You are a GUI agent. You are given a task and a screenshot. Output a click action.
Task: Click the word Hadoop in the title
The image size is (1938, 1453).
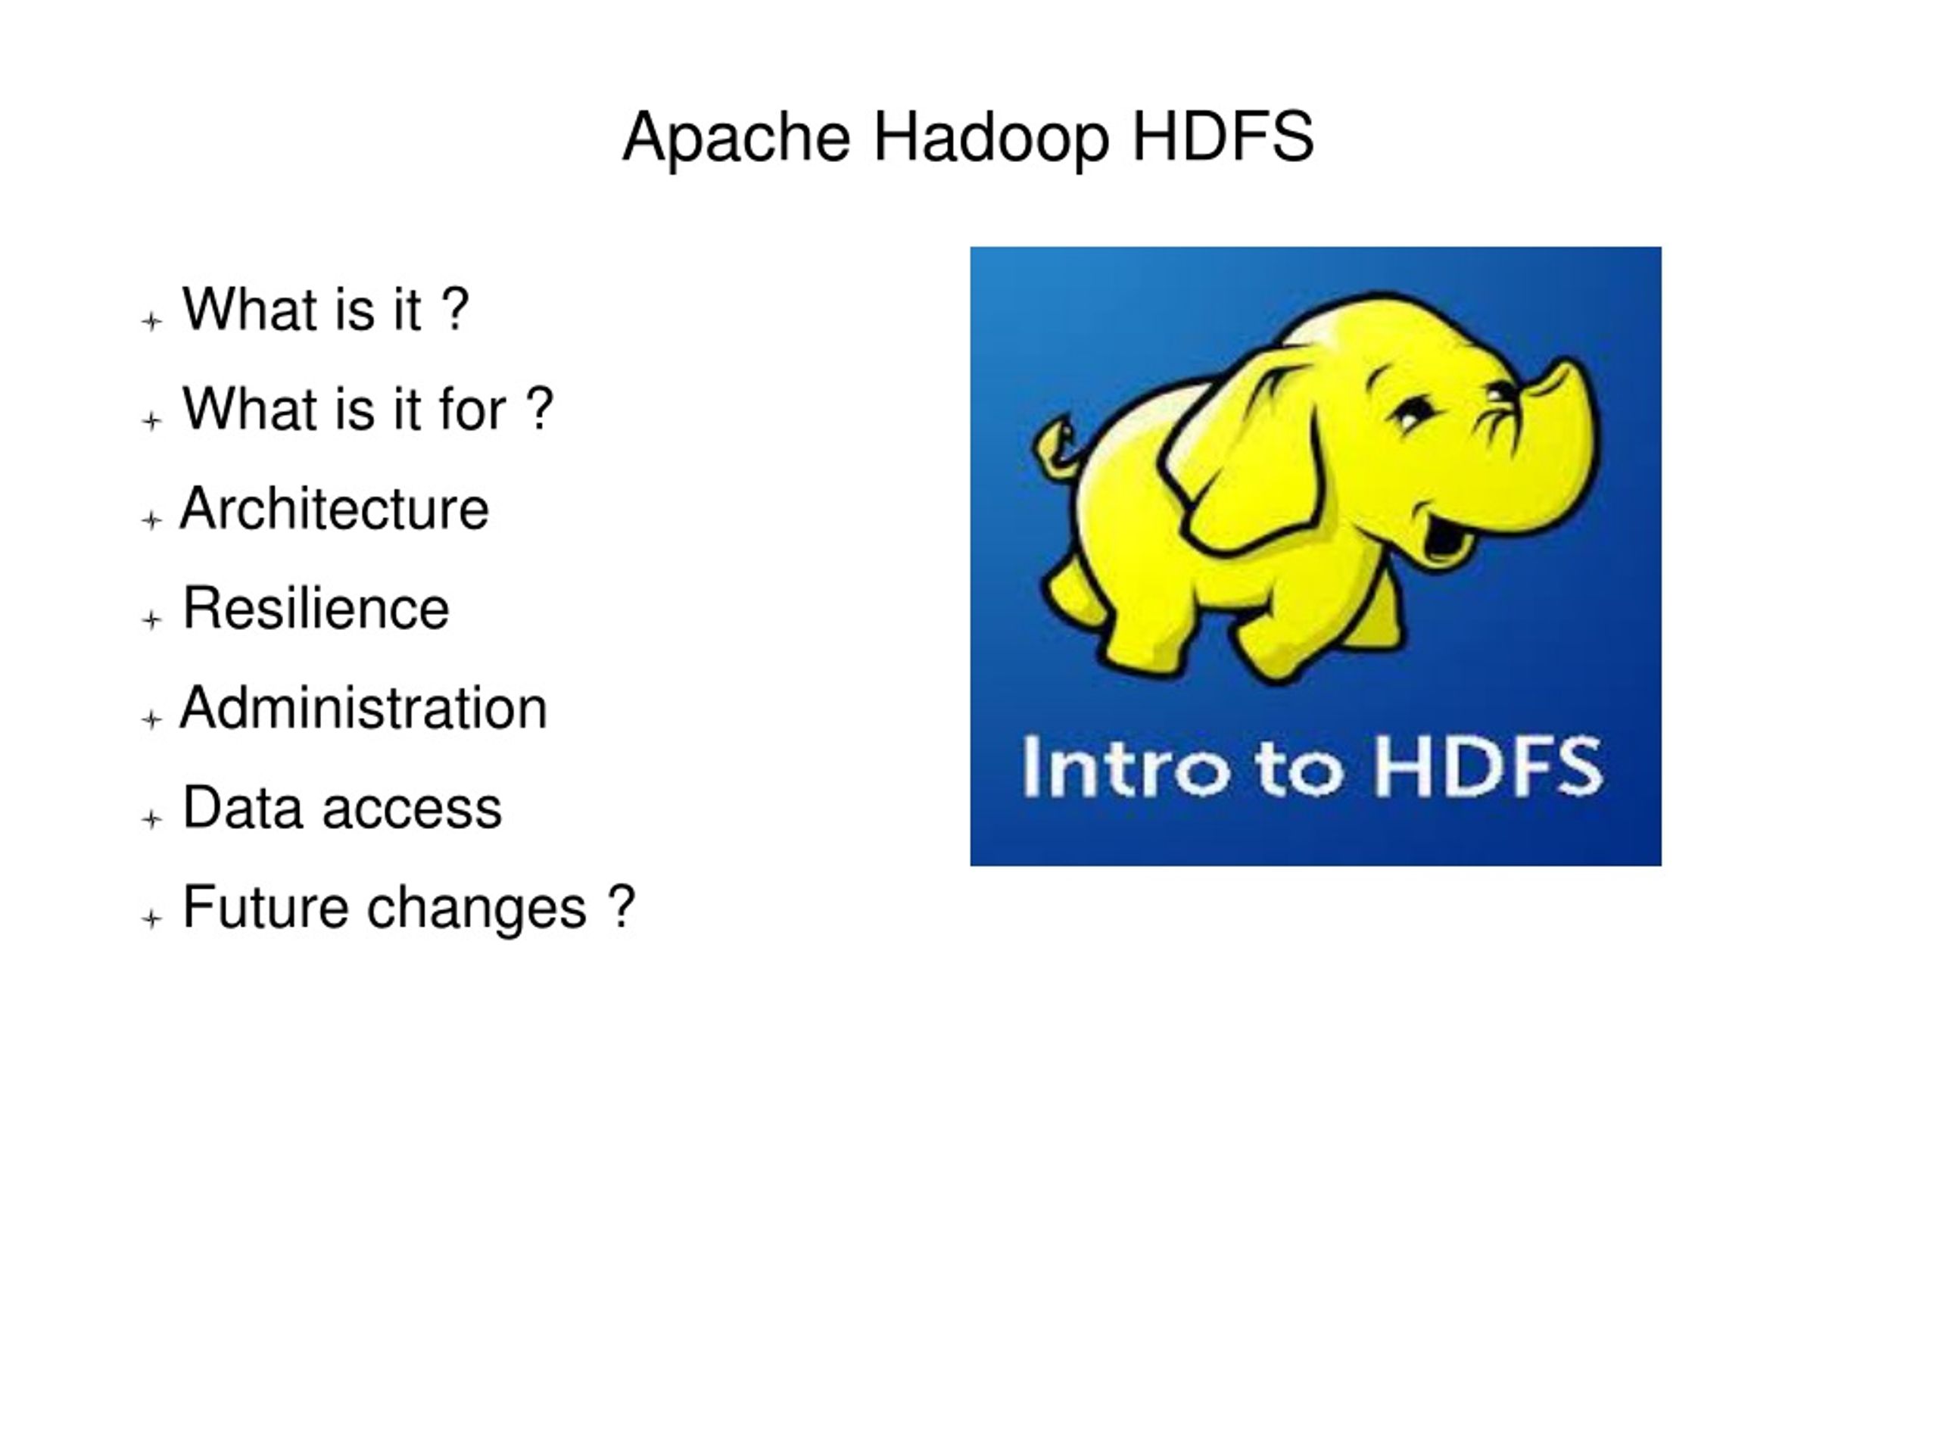pos(991,139)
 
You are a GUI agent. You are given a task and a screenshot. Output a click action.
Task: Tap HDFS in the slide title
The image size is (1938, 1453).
pos(1222,137)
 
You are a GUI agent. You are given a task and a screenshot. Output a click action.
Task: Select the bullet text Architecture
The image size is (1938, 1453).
pos(334,509)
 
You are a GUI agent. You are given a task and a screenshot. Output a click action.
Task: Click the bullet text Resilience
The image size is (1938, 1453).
pos(316,608)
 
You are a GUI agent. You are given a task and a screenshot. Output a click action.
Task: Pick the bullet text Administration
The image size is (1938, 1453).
pos(363,708)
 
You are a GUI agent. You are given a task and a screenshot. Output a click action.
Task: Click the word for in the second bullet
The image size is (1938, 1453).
pos(472,410)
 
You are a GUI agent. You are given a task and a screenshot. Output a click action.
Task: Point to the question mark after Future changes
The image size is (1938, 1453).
pos(620,907)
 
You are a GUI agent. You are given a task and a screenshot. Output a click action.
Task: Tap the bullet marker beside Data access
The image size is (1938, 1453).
pos(151,819)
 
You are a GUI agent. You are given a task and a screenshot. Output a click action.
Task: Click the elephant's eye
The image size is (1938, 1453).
pos(1413,412)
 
